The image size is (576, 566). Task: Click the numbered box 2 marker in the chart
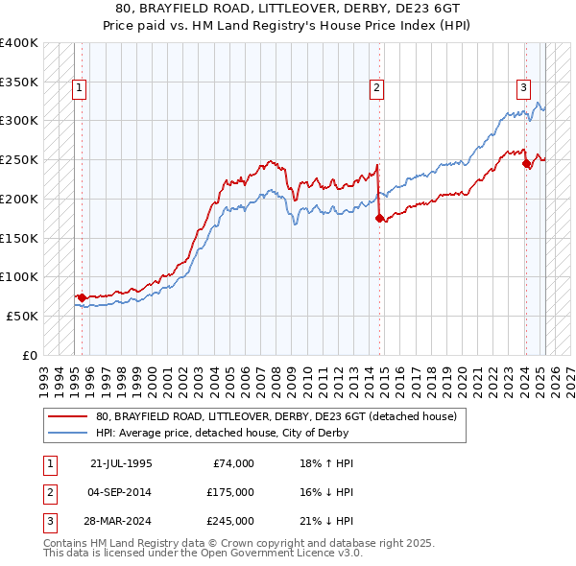[377, 88]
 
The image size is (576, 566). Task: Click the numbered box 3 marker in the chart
[524, 88]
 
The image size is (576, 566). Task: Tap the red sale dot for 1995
[82, 297]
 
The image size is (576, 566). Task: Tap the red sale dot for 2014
[379, 219]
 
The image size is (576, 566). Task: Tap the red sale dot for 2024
[526, 164]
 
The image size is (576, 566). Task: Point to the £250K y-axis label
[19, 160]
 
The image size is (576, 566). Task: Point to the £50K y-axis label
[23, 316]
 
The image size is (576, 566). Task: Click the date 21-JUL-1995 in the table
[120, 462]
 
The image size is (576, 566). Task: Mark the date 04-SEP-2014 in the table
[120, 492]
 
